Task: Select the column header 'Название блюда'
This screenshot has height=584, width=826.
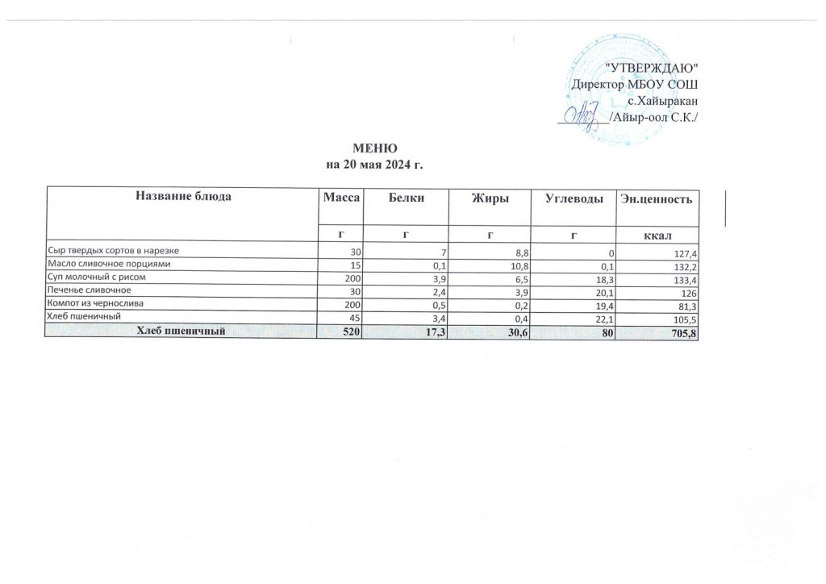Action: tap(184, 198)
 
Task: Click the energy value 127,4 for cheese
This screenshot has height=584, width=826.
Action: tap(684, 252)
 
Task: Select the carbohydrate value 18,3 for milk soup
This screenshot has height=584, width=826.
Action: tap(598, 277)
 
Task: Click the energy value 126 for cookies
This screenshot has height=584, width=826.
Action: tap(687, 291)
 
